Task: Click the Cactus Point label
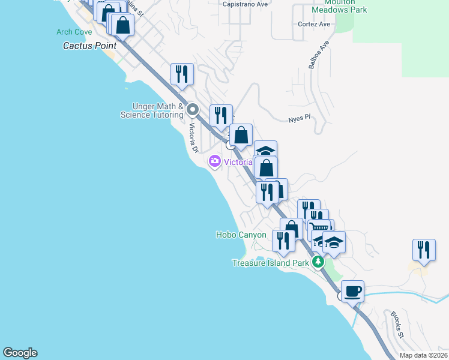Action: (90, 45)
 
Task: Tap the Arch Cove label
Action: (74, 32)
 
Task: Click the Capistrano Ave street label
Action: (245, 4)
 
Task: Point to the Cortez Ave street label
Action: (315, 25)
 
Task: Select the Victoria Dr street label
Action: (193, 137)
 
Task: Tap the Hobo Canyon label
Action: (241, 235)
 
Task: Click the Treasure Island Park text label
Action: (270, 263)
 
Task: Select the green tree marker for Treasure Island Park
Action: (318, 262)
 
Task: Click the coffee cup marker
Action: (353, 290)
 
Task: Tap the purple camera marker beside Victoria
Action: (215, 161)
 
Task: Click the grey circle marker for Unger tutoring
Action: (193, 110)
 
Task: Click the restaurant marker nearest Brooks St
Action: (424, 250)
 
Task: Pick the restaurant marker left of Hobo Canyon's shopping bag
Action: (283, 240)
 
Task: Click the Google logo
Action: (20, 353)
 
